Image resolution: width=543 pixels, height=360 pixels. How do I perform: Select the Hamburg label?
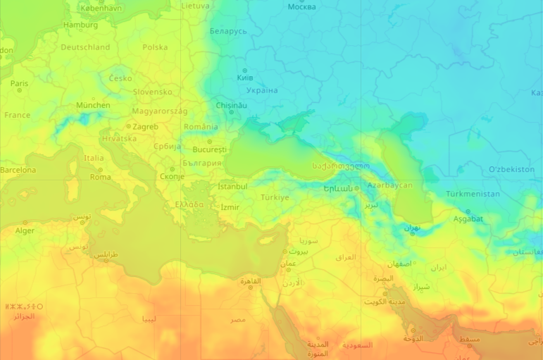pyautogui.click(x=80, y=25)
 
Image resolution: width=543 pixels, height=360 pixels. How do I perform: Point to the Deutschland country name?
pyautogui.click(x=85, y=47)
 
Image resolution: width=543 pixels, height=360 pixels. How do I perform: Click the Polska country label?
pyautogui.click(x=155, y=47)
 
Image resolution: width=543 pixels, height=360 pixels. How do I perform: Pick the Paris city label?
pyautogui.click(x=19, y=83)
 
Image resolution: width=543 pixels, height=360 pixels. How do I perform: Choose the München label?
pyautogui.click(x=93, y=105)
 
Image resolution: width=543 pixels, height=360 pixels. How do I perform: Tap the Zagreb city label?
pyautogui.click(x=145, y=127)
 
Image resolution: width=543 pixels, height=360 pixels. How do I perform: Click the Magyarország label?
pyautogui.click(x=160, y=111)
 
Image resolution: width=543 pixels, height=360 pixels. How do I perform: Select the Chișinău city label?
pyautogui.click(x=232, y=105)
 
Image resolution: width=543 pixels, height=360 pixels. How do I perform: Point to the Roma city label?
pyautogui.click(x=100, y=177)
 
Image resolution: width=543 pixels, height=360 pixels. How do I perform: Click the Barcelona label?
pyautogui.click(x=18, y=170)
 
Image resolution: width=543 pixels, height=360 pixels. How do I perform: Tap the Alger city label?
pyautogui.click(x=25, y=230)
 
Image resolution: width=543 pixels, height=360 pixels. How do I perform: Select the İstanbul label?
pyautogui.click(x=232, y=186)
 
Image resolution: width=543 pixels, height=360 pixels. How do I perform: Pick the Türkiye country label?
pyautogui.click(x=275, y=197)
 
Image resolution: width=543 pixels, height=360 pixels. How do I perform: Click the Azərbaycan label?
pyautogui.click(x=389, y=185)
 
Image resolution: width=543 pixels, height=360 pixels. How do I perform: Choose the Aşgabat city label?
pyautogui.click(x=468, y=218)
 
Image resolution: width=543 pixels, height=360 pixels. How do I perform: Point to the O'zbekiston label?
pyautogui.click(x=511, y=170)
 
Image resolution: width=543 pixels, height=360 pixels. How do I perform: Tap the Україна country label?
pyautogui.click(x=262, y=90)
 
